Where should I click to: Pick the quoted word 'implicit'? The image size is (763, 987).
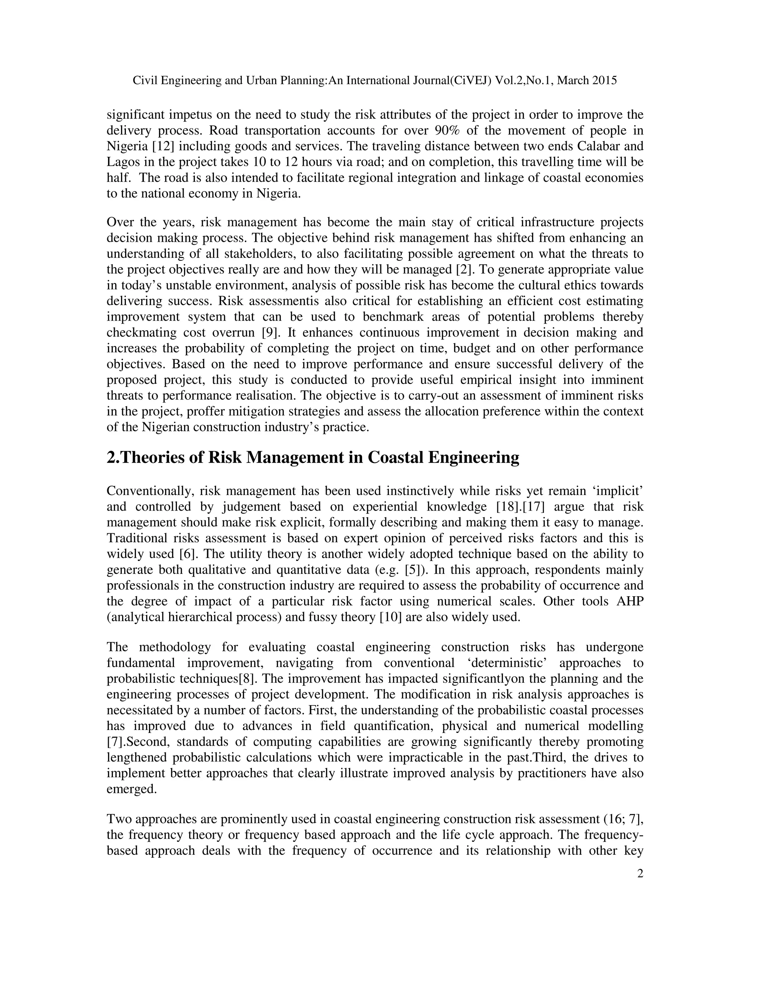(623, 491)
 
